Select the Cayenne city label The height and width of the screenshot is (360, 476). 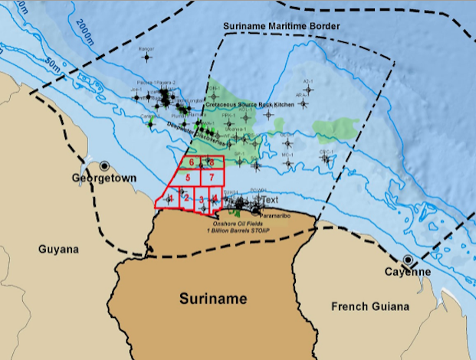pyautogui.click(x=409, y=272)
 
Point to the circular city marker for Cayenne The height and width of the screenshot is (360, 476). pyautogui.click(x=408, y=260)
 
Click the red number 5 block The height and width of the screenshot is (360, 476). pyautogui.click(x=187, y=178)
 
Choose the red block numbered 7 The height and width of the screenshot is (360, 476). pyautogui.click(x=210, y=178)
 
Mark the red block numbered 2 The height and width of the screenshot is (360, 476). pyautogui.click(x=186, y=198)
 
